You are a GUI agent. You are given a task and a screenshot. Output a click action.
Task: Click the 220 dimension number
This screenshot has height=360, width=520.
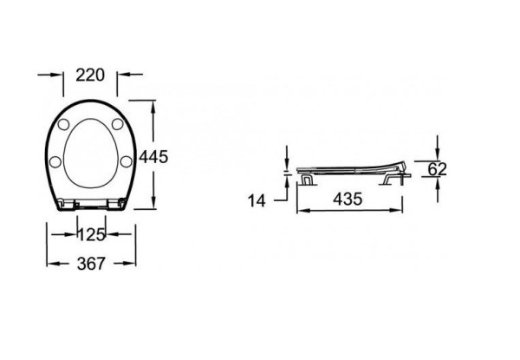tap(91, 75)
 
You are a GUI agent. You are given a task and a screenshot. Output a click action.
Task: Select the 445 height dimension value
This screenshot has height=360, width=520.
tap(153, 157)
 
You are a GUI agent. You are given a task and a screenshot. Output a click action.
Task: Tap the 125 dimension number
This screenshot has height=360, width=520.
tap(91, 234)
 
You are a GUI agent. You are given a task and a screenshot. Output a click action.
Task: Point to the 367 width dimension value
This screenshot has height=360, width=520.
tap(91, 264)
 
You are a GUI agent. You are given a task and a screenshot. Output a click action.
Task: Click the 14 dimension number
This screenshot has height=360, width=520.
tap(257, 200)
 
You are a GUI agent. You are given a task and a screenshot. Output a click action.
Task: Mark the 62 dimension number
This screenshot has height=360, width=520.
tap(436, 169)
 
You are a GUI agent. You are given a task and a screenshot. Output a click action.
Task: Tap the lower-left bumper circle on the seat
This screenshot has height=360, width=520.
tap(55, 160)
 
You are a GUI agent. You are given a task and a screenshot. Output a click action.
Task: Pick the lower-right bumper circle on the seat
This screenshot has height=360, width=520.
tap(127, 160)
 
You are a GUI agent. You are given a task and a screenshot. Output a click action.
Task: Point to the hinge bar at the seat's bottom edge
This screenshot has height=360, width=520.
tap(91, 205)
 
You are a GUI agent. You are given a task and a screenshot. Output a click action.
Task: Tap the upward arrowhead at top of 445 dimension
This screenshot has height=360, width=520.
tap(154, 105)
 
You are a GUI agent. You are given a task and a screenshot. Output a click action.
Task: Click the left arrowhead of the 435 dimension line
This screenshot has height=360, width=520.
tap(301, 209)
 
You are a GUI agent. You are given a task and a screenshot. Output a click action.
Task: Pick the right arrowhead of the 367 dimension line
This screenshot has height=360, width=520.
tap(133, 263)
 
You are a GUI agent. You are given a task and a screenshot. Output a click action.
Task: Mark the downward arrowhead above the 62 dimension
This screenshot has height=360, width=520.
tap(436, 154)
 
